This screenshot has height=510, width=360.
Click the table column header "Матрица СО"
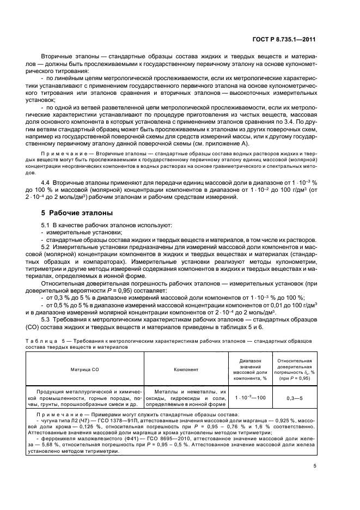click(x=84, y=369)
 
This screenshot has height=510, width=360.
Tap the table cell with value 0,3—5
click(x=295, y=398)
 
